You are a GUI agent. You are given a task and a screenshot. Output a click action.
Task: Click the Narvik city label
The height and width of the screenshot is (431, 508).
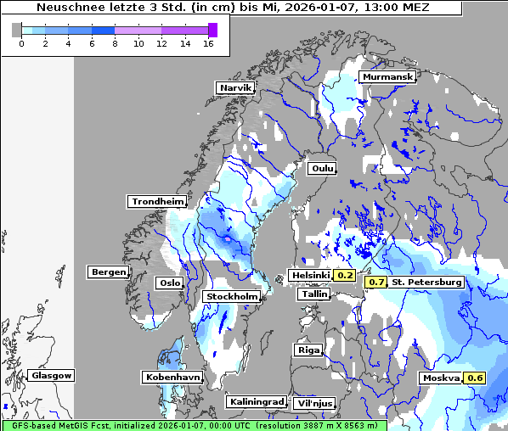coord(235,88)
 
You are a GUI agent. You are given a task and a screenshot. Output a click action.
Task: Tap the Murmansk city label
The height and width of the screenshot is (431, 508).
coord(387,77)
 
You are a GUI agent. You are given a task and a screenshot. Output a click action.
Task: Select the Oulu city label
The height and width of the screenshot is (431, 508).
coord(321,169)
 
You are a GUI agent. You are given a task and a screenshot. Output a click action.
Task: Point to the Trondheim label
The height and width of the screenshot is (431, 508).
coord(157,202)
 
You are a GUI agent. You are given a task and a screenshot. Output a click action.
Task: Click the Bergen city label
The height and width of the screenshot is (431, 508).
coord(107,272)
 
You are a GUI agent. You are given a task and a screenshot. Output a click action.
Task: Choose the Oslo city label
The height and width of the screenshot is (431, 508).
coord(169,283)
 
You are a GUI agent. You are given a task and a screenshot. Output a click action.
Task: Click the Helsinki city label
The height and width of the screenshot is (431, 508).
coord(310,276)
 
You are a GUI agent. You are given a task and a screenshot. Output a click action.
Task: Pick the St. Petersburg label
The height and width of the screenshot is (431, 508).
coord(426,282)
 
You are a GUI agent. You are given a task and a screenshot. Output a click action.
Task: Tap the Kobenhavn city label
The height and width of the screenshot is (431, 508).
coord(172,377)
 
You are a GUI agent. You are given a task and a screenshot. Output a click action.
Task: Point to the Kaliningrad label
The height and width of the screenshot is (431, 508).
coord(256,401)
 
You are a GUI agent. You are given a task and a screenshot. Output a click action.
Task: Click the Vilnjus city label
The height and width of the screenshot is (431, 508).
coord(316,404)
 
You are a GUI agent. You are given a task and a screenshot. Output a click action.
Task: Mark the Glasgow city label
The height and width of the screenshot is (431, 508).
coord(51,375)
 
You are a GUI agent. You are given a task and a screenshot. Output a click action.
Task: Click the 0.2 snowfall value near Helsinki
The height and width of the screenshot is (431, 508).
coord(345,276)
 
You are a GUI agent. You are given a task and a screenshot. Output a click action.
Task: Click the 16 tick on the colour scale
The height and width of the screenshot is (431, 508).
coord(208,44)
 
